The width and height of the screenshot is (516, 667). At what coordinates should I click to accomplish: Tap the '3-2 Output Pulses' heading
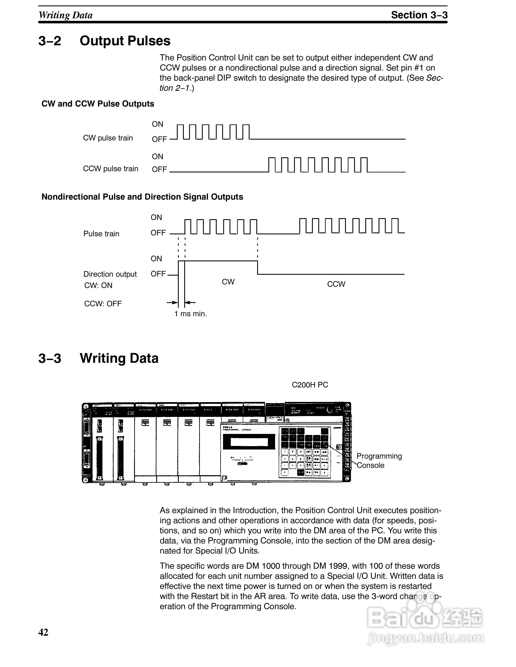click(x=104, y=41)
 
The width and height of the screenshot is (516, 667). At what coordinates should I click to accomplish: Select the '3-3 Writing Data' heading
click(x=98, y=358)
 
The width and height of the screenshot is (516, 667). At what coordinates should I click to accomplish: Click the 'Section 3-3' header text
click(x=419, y=15)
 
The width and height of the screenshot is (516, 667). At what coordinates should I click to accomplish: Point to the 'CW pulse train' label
click(x=108, y=138)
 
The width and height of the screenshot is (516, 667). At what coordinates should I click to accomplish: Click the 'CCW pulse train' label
click(x=111, y=169)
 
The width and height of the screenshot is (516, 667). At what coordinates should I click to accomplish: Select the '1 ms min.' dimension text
click(x=190, y=314)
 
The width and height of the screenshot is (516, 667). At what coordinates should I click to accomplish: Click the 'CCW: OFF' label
click(x=103, y=304)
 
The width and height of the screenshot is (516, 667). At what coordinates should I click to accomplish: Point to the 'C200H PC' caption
click(x=310, y=385)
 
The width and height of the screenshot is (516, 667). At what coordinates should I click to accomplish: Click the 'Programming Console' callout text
click(x=379, y=460)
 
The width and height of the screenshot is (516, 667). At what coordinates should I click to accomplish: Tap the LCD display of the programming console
click(x=249, y=442)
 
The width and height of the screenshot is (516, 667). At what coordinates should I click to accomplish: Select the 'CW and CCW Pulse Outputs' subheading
click(x=98, y=104)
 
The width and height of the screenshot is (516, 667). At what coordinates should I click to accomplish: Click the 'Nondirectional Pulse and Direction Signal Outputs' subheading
click(x=142, y=197)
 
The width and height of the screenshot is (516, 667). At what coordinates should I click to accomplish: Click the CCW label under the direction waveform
click(x=336, y=284)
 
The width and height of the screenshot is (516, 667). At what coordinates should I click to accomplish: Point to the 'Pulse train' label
click(x=101, y=234)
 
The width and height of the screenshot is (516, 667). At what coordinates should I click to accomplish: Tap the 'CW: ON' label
click(x=98, y=285)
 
